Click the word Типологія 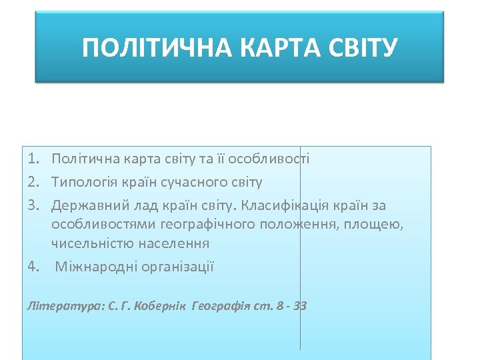[x=82, y=182]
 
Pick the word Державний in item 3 [x=85, y=205]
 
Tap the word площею [x=373, y=224]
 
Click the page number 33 [x=299, y=307]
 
